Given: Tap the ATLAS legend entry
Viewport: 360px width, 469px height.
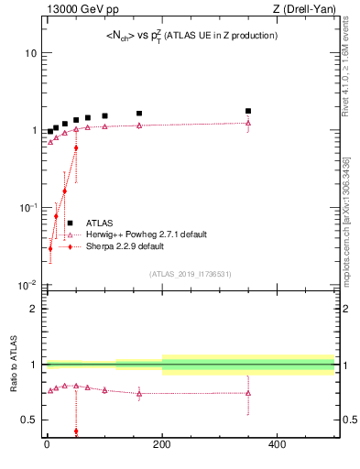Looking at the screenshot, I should (x=100, y=223).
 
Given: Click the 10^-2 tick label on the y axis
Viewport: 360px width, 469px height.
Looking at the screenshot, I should (x=27, y=285).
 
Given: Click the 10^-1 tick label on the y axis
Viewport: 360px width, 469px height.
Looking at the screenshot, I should (x=27, y=208).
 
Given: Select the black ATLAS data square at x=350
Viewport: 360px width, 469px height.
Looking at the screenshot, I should (x=248, y=111).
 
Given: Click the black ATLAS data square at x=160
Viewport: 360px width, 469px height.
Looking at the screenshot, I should (x=139, y=114).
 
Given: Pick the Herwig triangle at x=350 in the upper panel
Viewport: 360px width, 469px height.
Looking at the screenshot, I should (x=248, y=123).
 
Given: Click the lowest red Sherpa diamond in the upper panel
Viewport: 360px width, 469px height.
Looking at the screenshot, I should (x=50, y=248).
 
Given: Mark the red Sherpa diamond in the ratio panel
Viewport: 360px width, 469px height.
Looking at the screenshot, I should (x=76, y=431).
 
